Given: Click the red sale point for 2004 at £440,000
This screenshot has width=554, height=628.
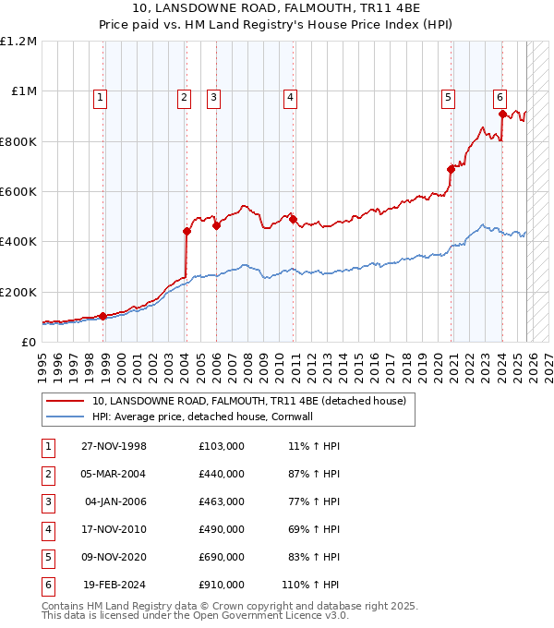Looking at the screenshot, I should click(187, 232).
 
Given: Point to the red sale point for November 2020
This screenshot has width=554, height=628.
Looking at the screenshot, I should click(452, 169).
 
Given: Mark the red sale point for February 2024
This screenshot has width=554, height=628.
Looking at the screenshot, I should click(502, 115).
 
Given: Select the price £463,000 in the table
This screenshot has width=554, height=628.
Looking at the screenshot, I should click(222, 501).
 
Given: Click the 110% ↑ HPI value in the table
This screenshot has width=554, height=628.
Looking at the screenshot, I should click(311, 585).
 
